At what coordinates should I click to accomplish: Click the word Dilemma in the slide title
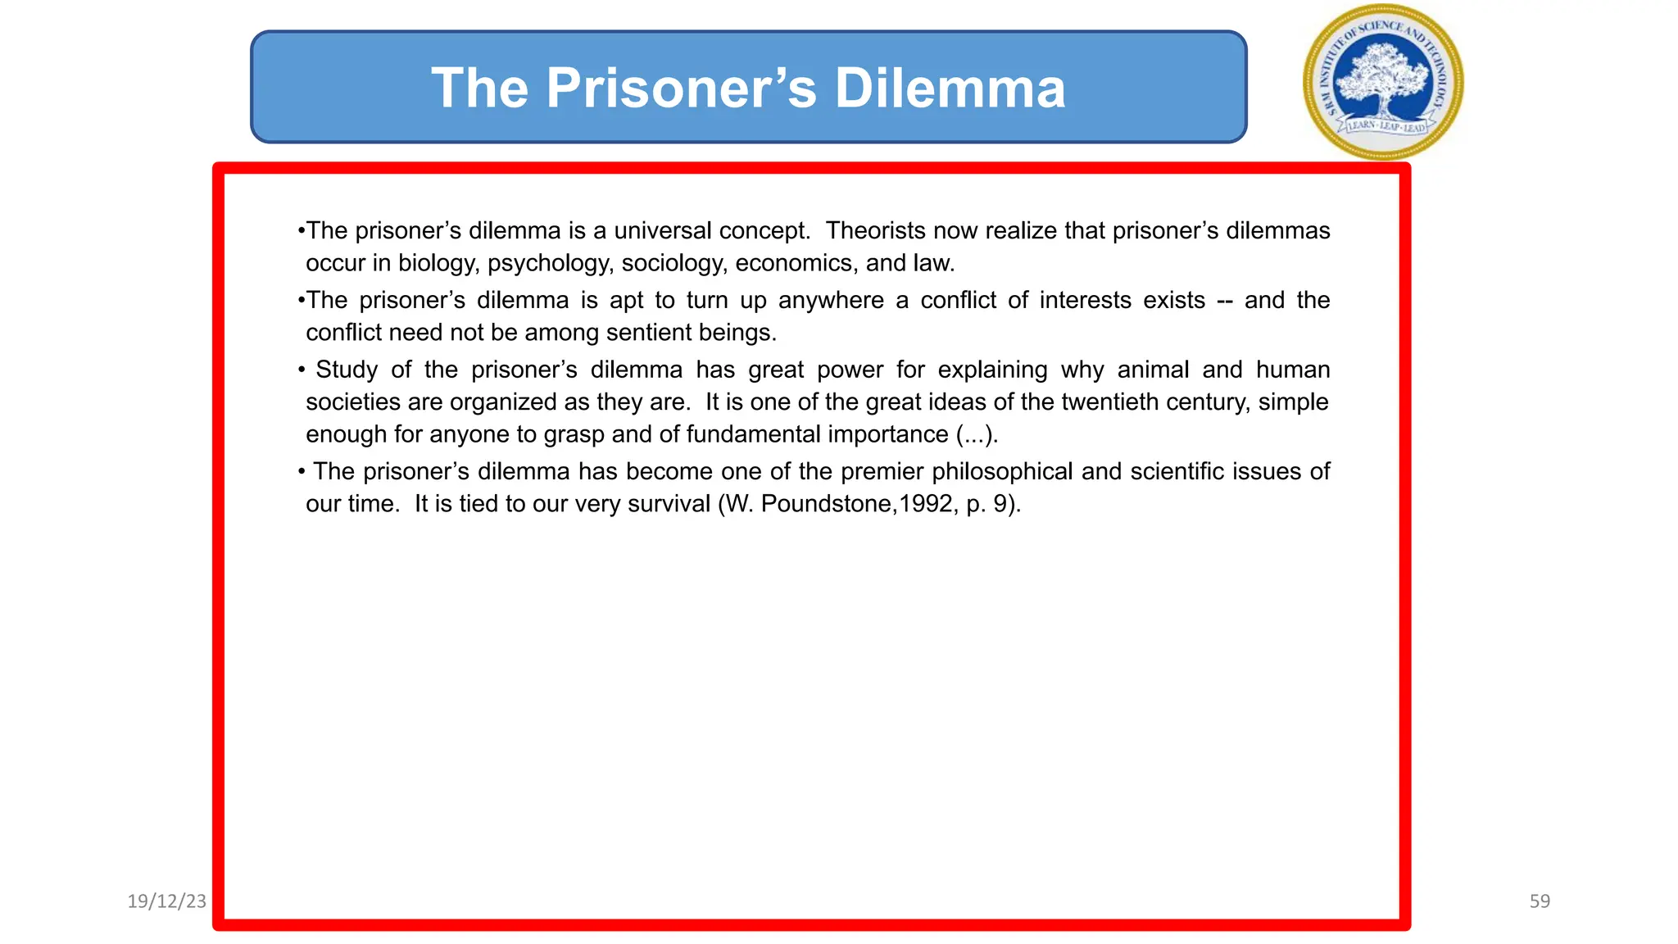[950, 88]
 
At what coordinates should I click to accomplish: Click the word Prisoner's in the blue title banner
[681, 88]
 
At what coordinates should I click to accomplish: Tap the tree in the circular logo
[1383, 78]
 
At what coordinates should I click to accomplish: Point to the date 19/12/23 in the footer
[167, 901]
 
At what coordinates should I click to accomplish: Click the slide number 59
[1540, 901]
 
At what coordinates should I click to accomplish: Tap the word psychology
[548, 263]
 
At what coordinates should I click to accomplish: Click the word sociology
[672, 263]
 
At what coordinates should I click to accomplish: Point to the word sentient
[647, 333]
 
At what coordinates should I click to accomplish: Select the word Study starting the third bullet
[347, 370]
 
